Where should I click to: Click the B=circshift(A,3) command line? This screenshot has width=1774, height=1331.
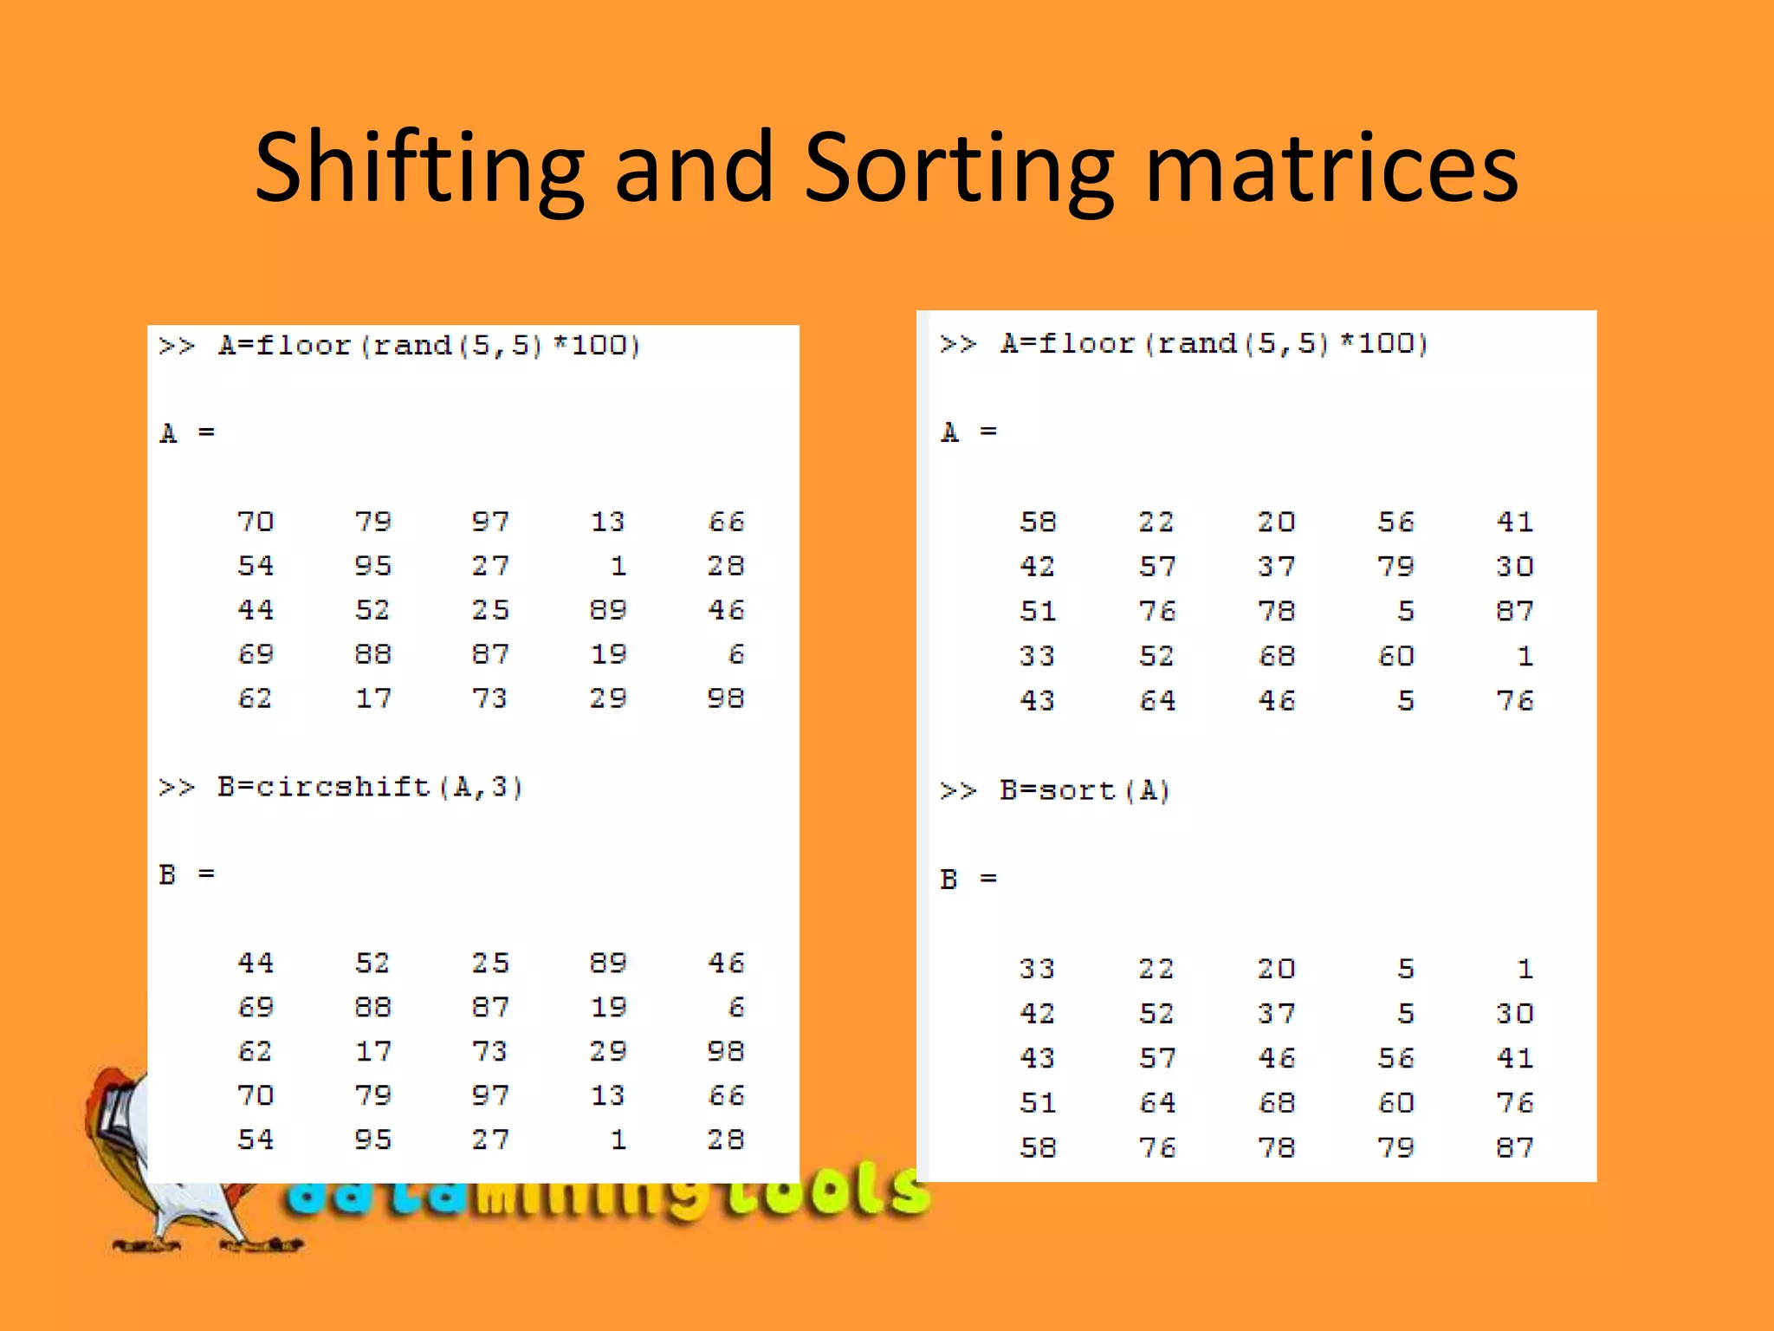point(341,788)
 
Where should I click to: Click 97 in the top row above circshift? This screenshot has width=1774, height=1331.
point(490,522)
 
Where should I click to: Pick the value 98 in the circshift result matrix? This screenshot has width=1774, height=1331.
point(726,1051)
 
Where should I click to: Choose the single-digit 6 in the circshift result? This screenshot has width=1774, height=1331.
point(736,1007)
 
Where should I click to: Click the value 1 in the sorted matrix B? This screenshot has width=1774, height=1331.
point(1525,969)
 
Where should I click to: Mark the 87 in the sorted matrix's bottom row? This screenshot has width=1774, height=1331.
point(1514,1147)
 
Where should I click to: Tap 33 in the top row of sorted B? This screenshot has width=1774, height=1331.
point(1037,969)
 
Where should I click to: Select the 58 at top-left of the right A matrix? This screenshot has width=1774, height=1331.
point(1037,522)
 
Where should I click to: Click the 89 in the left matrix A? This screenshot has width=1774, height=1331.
point(608,610)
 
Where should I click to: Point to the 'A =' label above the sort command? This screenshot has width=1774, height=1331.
point(968,432)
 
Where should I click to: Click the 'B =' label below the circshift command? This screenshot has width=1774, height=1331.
point(186,874)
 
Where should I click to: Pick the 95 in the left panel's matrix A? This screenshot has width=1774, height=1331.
point(373,566)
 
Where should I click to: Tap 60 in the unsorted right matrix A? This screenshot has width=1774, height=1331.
point(1395,656)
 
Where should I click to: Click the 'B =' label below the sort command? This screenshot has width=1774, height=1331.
point(968,880)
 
